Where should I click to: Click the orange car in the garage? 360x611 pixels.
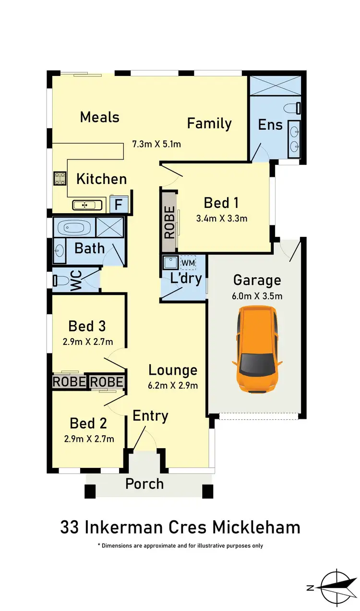257,350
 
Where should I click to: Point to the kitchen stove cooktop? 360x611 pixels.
60,178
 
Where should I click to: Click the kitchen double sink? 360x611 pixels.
88,205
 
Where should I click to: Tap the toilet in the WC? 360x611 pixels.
60,280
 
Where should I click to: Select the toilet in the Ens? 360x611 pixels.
294,108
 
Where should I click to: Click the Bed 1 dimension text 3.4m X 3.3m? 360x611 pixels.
222,219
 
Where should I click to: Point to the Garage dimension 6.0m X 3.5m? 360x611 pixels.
257,296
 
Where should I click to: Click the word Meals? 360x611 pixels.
100,117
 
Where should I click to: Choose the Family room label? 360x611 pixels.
209,123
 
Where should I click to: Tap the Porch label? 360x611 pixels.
144,484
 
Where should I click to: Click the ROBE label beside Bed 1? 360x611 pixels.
169,222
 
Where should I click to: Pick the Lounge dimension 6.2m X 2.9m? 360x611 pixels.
173,385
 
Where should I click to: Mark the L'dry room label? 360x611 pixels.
186,278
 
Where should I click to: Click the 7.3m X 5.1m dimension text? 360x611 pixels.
156,144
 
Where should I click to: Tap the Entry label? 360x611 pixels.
150,416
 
